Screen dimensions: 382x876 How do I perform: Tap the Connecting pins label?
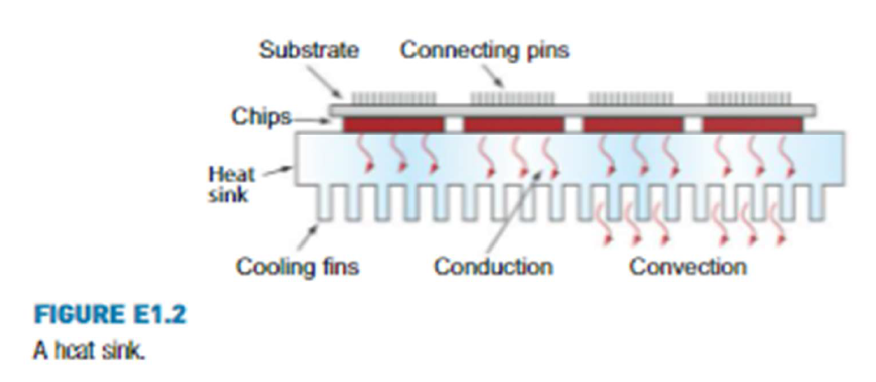(x=484, y=50)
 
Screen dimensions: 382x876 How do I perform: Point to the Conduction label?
(x=492, y=267)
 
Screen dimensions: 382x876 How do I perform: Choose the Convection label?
(x=688, y=267)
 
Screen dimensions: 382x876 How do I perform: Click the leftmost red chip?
(x=393, y=124)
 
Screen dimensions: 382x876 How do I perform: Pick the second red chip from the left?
(x=511, y=124)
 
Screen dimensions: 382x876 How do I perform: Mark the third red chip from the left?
(x=633, y=124)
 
